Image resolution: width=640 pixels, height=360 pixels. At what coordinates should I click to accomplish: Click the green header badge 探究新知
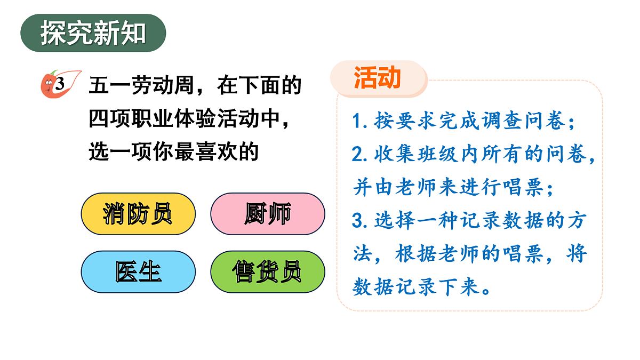pyautogui.click(x=93, y=33)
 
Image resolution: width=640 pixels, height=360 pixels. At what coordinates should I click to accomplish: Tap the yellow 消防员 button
pyautogui.click(x=138, y=214)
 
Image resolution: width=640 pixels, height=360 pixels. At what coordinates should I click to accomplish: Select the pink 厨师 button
pyautogui.click(x=268, y=214)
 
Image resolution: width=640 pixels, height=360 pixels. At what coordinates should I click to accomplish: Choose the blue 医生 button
pyautogui.click(x=138, y=272)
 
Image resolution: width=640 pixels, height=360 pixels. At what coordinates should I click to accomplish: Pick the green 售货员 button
pyautogui.click(x=268, y=272)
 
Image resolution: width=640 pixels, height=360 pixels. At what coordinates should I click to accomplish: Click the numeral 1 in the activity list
pyautogui.click(x=357, y=122)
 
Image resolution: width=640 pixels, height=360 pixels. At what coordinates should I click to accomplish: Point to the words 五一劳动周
pyautogui.click(x=142, y=85)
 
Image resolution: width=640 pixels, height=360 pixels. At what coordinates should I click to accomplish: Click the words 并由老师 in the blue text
pyautogui.click(x=395, y=187)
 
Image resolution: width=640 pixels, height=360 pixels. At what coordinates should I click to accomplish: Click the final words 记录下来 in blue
pyautogui.click(x=427, y=288)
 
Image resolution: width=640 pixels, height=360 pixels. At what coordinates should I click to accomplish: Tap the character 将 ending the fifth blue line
pyautogui.click(x=576, y=254)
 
